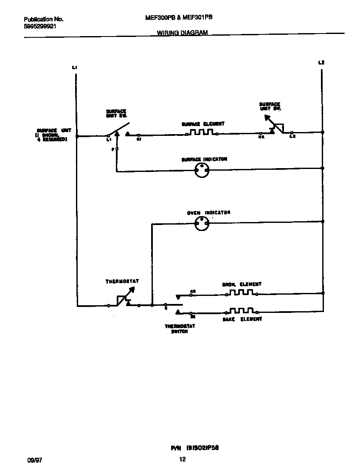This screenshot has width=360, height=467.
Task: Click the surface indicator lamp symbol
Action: pyautogui.click(x=202, y=171)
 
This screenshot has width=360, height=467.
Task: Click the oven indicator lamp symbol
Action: pyautogui.click(x=202, y=224)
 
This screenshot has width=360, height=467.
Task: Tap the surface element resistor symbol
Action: pyautogui.click(x=202, y=132)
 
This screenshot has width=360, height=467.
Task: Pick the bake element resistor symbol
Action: pyautogui.click(x=242, y=311)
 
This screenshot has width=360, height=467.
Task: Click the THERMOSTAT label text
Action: pyautogui.click(x=122, y=281)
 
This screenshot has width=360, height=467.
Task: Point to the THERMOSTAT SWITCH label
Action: pyautogui.click(x=180, y=329)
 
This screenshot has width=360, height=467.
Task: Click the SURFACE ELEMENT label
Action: pyautogui.click(x=203, y=124)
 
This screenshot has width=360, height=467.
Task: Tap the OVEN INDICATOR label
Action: pyautogui.click(x=208, y=212)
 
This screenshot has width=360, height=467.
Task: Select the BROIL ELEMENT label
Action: pyautogui.click(x=242, y=284)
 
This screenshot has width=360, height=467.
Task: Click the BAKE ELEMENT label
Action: pyautogui.click(x=242, y=319)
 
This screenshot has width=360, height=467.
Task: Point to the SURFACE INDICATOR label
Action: pyautogui.click(x=204, y=159)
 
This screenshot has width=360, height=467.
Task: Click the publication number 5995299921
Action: pyautogui.click(x=40, y=26)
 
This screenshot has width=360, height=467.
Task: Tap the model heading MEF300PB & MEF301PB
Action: pyautogui.click(x=178, y=18)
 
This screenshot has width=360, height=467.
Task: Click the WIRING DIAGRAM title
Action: pyautogui.click(x=182, y=33)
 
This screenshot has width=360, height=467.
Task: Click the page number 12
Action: pyautogui.click(x=182, y=459)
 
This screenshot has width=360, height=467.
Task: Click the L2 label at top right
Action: pyautogui.click(x=321, y=63)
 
